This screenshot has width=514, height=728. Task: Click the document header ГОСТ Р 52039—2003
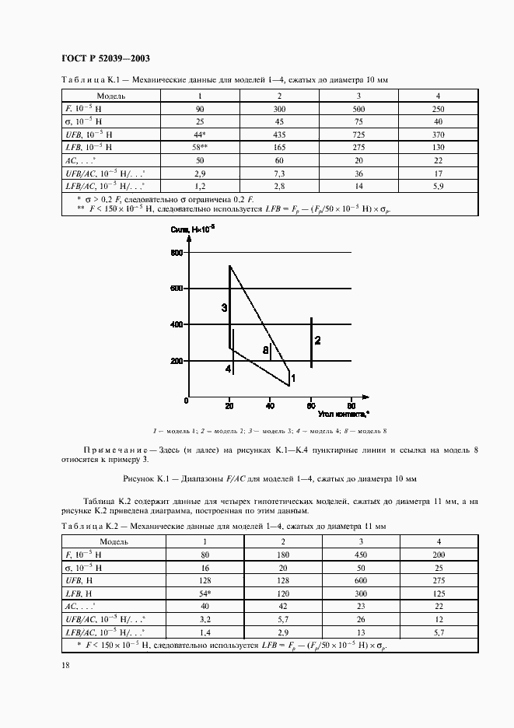pyautogui.click(x=105, y=59)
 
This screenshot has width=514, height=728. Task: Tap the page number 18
pyautogui.click(x=65, y=663)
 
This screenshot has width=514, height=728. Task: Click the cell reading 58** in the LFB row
pyautogui.click(x=201, y=146)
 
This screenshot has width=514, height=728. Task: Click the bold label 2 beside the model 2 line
pyautogui.click(x=318, y=341)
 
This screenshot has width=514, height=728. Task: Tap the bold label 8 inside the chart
pyautogui.click(x=265, y=351)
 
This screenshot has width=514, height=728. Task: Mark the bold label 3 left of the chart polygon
pyautogui.click(x=224, y=308)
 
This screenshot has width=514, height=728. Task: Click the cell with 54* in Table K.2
pyautogui.click(x=205, y=593)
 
